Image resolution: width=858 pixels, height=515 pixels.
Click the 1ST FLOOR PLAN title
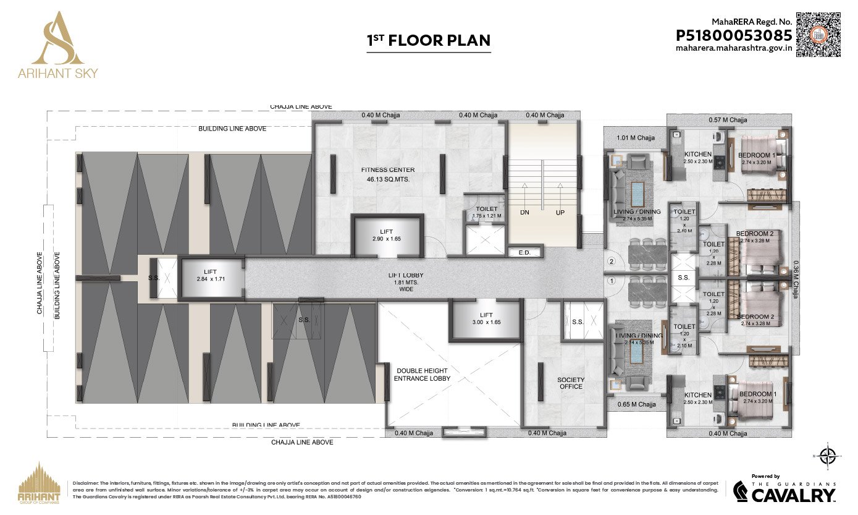429,41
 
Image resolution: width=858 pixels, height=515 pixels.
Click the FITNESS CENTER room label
388,169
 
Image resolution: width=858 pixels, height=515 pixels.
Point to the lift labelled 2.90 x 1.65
387,235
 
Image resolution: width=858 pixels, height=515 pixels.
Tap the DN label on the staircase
525,211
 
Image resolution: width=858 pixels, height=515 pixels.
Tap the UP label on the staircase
561,211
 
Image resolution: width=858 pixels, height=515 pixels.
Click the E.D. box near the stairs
525,252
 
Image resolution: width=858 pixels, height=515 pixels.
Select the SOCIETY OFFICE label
571,383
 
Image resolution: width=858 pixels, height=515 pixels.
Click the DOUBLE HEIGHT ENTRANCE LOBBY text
423,373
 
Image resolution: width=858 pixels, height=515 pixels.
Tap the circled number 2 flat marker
612,262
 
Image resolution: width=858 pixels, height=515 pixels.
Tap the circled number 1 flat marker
612,281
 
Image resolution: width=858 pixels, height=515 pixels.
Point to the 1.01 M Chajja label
636,138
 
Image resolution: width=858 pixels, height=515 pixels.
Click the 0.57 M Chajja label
728,119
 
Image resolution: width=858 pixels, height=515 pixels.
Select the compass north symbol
827,457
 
